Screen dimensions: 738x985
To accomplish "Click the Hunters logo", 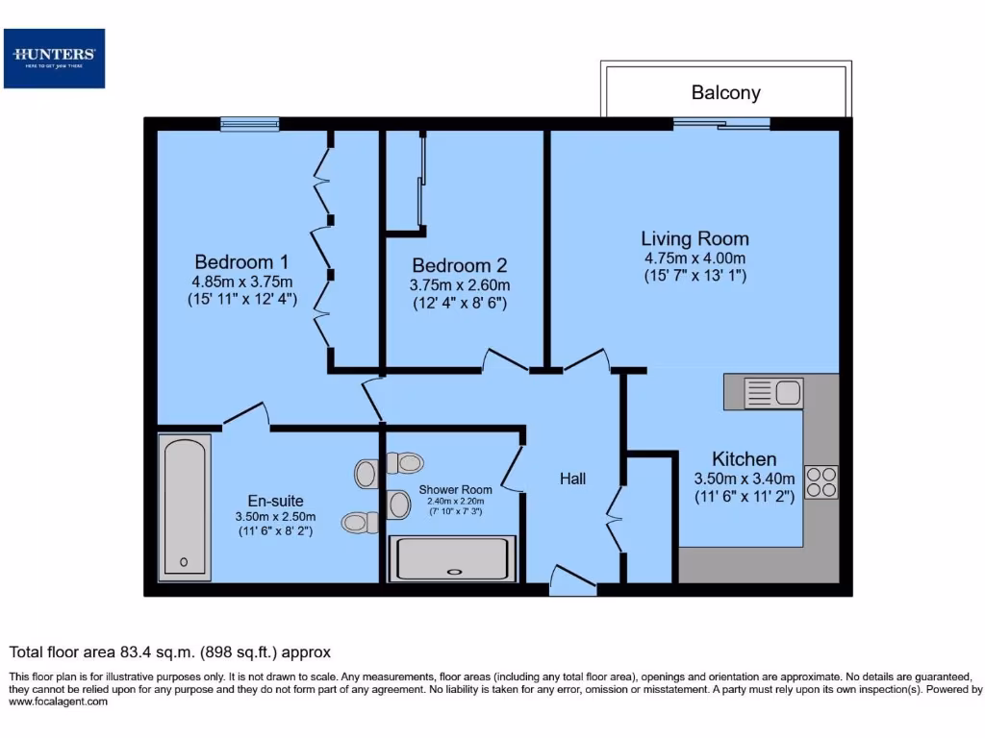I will click(x=54, y=59).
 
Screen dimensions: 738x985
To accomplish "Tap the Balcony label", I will click(x=725, y=93).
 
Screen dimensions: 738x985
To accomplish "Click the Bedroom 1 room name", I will click(x=241, y=262).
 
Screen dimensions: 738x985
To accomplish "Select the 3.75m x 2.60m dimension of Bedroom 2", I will click(x=460, y=285).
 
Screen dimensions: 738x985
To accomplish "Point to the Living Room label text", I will click(x=695, y=239).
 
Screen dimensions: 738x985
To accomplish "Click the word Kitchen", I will click(x=744, y=459).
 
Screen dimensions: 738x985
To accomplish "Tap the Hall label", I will click(x=572, y=479).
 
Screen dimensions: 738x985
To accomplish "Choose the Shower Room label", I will click(x=455, y=490).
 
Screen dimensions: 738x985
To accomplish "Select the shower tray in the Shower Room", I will click(x=452, y=558).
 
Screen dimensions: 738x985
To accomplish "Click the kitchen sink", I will click(x=774, y=393).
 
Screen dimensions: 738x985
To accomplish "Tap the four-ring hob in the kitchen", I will click(x=821, y=481).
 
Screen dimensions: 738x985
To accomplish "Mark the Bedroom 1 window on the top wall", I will click(x=249, y=123).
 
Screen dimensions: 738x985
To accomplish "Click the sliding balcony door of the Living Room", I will click(x=721, y=123).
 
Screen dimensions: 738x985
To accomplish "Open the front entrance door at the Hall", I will click(x=572, y=580).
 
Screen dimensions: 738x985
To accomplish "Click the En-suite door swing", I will click(x=246, y=414).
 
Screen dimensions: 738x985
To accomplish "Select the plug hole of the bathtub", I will click(x=184, y=563).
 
